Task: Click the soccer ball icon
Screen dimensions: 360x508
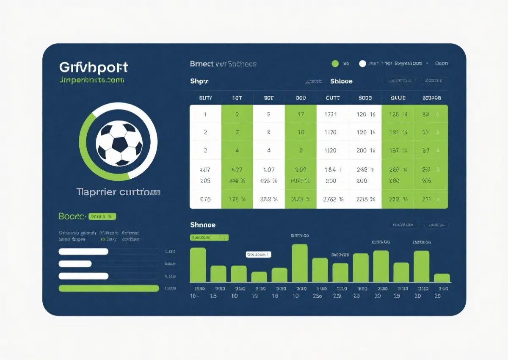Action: (x=119, y=143)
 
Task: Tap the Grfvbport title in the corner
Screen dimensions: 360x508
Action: (x=93, y=67)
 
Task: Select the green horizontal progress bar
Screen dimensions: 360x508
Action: (x=109, y=288)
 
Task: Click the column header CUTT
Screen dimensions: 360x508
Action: (x=333, y=98)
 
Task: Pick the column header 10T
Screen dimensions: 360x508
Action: (x=237, y=98)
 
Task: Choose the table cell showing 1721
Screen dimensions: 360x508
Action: (x=330, y=114)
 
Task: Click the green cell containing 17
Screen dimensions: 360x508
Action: (x=301, y=114)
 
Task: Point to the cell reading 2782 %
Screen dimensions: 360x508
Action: (x=333, y=199)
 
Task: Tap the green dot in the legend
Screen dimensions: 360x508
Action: (x=335, y=64)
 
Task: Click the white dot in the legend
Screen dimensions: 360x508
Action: (x=362, y=64)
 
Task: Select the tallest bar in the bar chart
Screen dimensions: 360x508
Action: (x=300, y=263)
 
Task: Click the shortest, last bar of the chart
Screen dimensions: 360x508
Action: (x=442, y=278)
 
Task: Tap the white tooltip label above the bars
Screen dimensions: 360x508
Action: (x=258, y=255)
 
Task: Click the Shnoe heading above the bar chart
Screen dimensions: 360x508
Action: (x=203, y=225)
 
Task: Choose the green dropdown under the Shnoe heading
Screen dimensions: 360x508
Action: (x=209, y=238)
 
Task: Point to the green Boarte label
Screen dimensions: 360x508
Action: (x=72, y=216)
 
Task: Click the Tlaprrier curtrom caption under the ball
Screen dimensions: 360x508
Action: (x=119, y=192)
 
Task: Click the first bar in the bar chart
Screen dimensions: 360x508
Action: (x=198, y=265)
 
